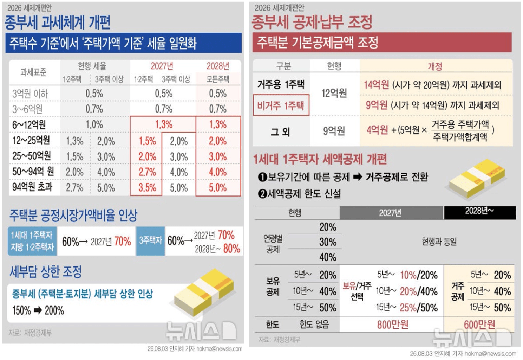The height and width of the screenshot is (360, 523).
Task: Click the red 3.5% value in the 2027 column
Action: click(x=147, y=188)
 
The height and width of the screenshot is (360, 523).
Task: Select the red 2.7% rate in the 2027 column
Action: click(x=147, y=172)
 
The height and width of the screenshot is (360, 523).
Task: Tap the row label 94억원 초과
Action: click(x=32, y=187)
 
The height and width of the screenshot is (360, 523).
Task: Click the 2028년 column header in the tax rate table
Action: click(x=218, y=66)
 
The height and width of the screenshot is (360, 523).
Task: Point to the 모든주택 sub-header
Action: click(x=218, y=79)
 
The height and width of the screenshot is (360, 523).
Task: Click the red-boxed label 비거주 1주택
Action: click(x=281, y=105)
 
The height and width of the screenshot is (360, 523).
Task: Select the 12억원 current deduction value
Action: click(x=334, y=93)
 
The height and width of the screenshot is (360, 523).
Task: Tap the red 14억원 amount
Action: click(x=377, y=85)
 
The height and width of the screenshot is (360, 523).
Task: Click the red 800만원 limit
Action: click(x=393, y=324)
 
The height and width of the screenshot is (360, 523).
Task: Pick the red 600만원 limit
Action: click(x=479, y=324)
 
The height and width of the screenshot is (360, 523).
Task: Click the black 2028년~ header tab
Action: click(x=480, y=213)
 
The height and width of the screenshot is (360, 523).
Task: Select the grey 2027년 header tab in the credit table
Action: click(x=391, y=213)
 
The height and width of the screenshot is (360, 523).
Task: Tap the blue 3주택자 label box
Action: click(x=151, y=240)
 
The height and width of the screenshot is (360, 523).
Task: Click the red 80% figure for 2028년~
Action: click(x=231, y=249)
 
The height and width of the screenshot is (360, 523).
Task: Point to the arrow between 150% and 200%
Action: click(x=38, y=310)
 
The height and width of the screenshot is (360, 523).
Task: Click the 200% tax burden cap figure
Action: click(x=54, y=311)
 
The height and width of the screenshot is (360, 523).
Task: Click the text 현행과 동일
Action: click(x=439, y=242)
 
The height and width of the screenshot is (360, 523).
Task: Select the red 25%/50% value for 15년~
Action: click(x=419, y=308)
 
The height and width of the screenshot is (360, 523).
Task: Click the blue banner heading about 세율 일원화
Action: click(x=124, y=43)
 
